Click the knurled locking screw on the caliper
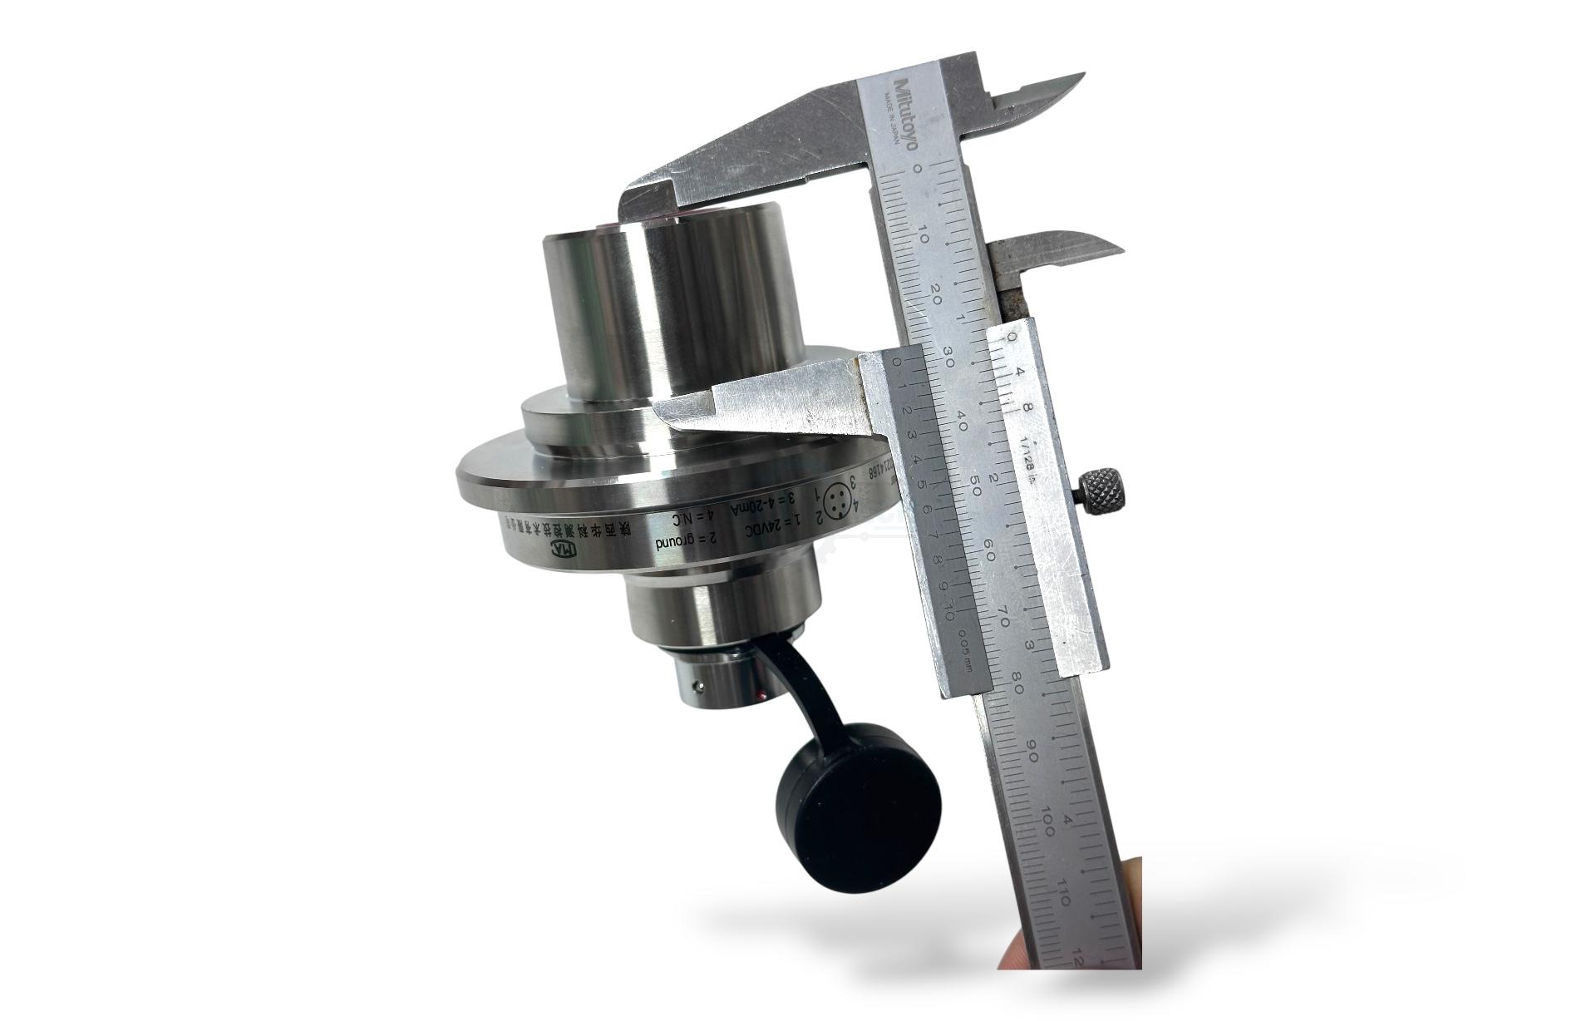[1105, 488]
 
